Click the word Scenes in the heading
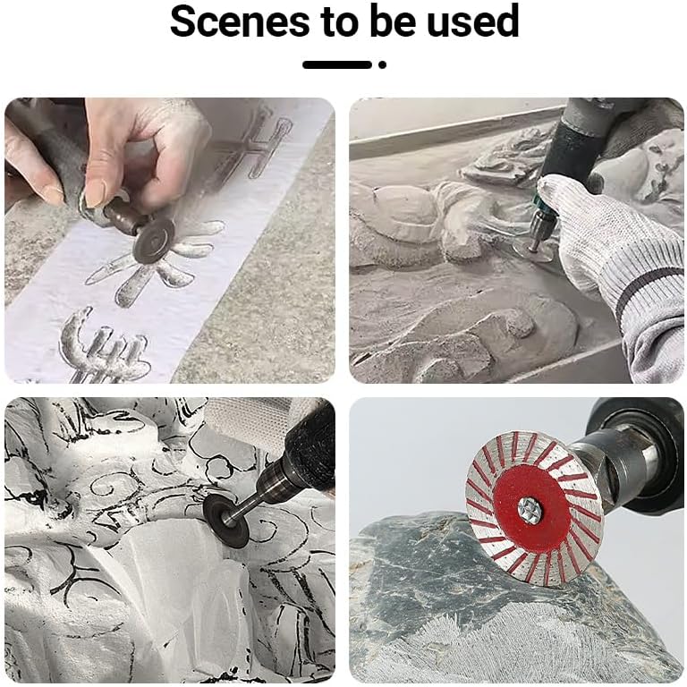240,21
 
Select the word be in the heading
393,21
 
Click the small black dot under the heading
382,64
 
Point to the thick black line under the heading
337,64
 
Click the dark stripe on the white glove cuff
649,287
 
